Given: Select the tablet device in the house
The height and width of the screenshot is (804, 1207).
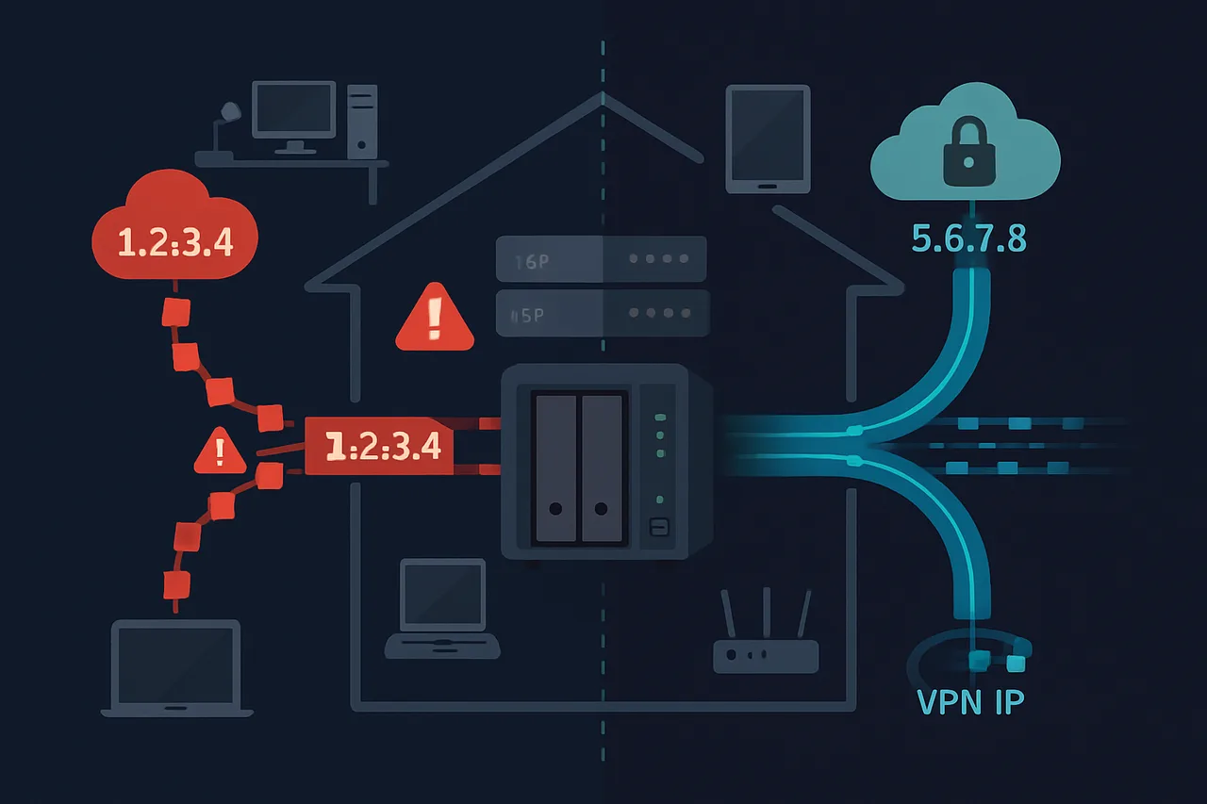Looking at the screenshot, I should click(768, 139).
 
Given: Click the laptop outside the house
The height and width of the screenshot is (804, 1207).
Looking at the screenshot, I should click(176, 669).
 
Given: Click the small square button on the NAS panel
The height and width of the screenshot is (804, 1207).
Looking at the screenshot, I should click(659, 528).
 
